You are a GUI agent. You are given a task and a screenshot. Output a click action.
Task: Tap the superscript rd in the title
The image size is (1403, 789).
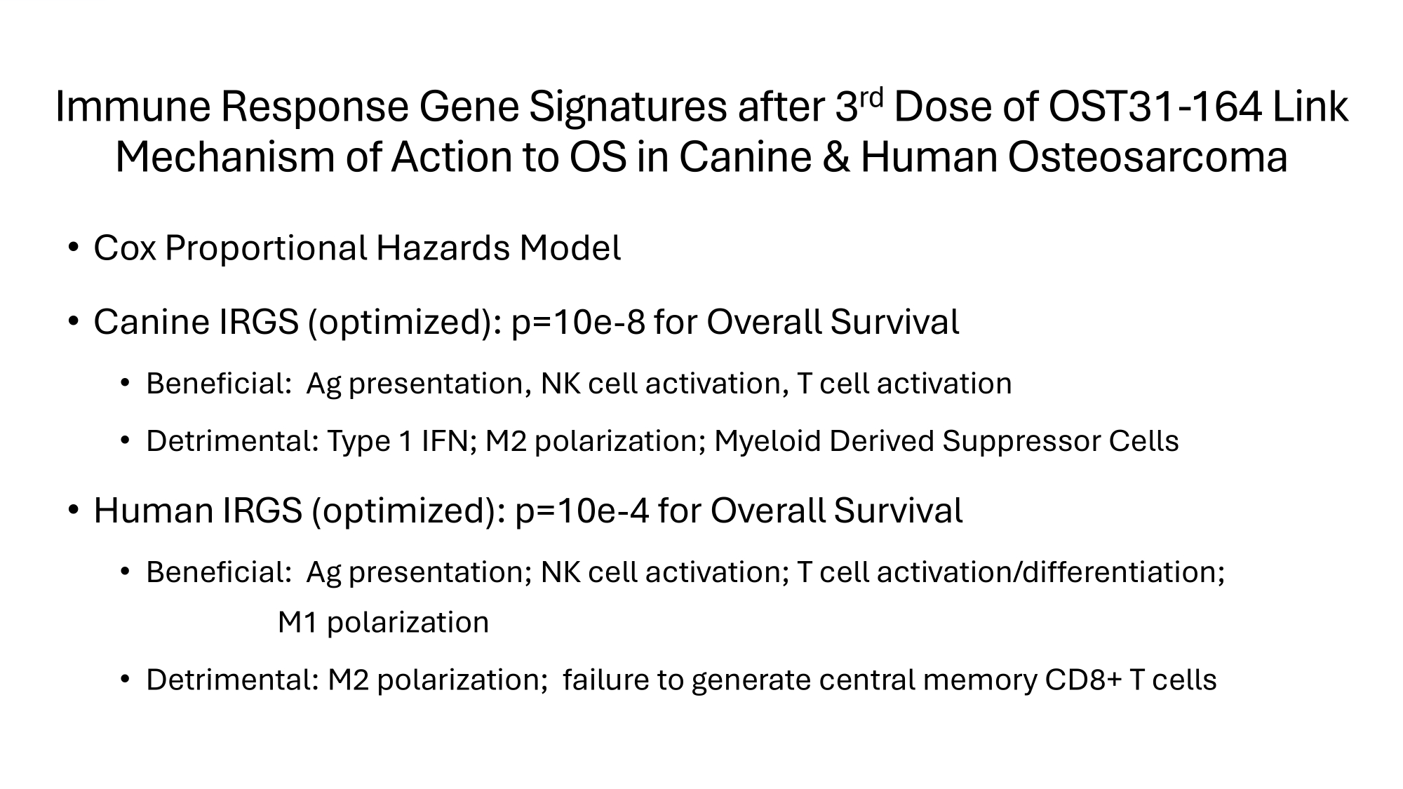tap(871, 97)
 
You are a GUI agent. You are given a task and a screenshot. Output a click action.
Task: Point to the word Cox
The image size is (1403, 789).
tap(125, 248)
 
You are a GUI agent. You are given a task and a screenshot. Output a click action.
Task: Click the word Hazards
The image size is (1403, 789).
tap(443, 248)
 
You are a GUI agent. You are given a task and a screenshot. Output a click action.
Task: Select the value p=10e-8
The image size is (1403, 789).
tap(578, 323)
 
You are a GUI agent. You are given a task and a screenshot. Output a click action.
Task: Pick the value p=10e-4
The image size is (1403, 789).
tap(582, 511)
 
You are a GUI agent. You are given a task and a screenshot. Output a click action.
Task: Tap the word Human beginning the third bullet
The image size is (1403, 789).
tap(154, 511)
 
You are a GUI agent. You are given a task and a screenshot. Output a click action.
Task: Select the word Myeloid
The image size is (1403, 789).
tap(767, 441)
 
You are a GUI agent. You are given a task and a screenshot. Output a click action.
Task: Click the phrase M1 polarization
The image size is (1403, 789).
tap(383, 623)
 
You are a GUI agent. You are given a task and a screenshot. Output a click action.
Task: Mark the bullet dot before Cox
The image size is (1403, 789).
tap(73, 249)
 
